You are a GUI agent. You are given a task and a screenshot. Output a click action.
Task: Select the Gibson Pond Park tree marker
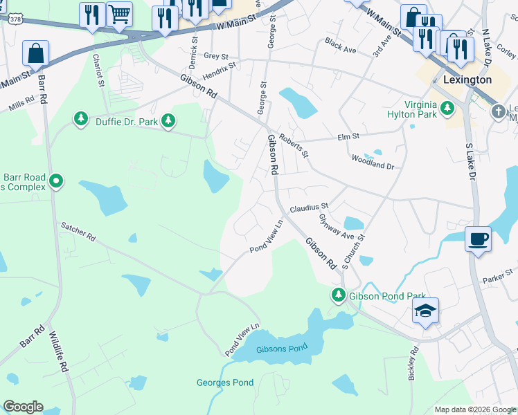339,295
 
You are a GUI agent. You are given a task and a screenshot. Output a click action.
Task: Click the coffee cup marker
478,239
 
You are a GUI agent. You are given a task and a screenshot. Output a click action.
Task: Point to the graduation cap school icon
425,311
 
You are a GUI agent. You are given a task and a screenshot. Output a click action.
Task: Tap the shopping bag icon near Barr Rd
35,53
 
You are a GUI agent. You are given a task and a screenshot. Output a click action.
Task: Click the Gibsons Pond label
281,348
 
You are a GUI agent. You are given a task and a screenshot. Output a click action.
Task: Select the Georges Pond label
225,382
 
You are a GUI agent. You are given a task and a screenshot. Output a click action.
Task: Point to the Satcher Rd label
78,231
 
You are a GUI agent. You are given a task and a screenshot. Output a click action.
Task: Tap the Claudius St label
309,207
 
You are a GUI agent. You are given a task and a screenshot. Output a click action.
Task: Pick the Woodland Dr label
373,167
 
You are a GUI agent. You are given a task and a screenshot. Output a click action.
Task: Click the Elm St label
348,137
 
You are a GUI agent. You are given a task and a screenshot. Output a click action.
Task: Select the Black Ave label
340,46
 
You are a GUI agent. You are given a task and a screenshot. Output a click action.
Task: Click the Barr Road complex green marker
56,183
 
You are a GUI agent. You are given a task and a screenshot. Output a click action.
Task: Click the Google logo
24,407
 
